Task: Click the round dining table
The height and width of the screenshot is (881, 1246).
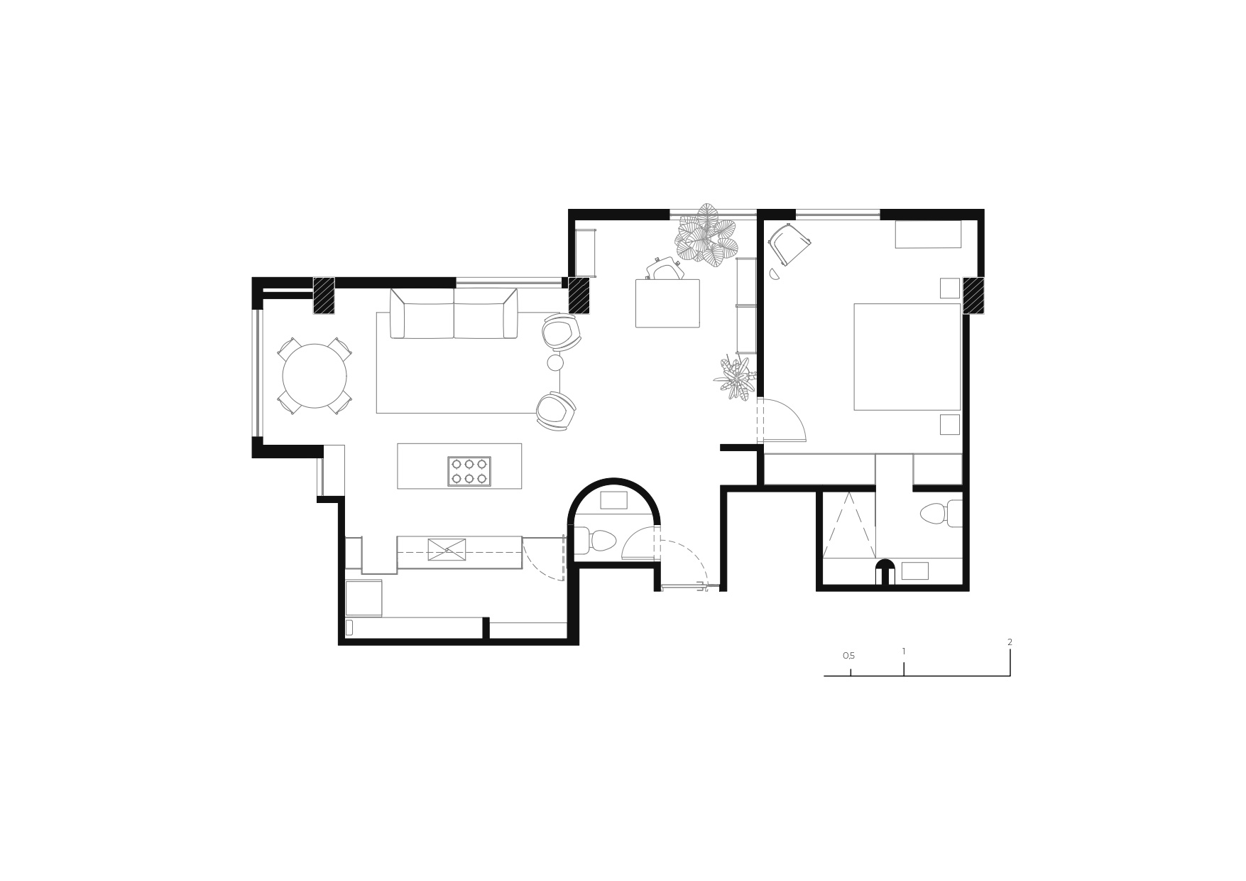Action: point(315,376)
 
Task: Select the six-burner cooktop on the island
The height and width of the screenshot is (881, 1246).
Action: point(469,471)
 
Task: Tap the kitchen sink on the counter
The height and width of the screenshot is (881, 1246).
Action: point(447,550)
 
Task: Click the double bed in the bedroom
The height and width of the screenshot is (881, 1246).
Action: point(907,357)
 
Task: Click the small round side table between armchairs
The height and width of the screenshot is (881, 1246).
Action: point(555,363)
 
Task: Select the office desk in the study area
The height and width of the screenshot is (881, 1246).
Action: point(667,303)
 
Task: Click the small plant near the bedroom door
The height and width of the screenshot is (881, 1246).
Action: point(735,378)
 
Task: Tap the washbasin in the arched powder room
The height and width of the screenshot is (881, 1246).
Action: point(613,500)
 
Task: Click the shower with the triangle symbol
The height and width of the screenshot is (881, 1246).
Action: point(849,525)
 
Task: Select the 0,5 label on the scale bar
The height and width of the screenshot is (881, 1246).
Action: point(848,656)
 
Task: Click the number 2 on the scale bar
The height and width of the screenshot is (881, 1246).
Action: point(1010,642)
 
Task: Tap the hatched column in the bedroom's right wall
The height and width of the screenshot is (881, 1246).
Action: point(973,296)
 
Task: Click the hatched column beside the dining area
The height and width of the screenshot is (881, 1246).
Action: point(324,295)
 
